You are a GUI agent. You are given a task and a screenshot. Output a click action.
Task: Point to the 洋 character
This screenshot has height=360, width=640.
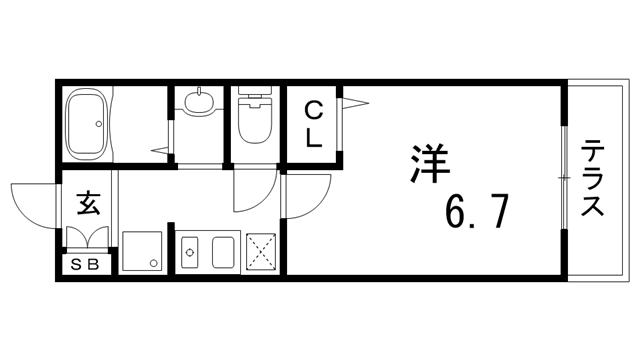428,165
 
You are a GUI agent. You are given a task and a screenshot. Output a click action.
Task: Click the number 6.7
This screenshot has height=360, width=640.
479,212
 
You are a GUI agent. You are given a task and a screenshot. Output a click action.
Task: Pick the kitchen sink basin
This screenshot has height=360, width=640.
222,252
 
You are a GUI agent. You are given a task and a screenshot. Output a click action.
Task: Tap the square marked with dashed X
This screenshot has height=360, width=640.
261,252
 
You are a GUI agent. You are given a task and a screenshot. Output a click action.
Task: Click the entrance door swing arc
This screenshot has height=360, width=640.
30,205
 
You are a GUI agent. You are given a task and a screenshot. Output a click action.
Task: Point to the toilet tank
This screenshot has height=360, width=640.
254,99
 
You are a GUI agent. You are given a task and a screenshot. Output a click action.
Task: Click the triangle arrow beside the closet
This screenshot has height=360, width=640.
354,99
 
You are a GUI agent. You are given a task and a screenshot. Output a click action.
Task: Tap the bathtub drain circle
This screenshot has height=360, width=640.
98,124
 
